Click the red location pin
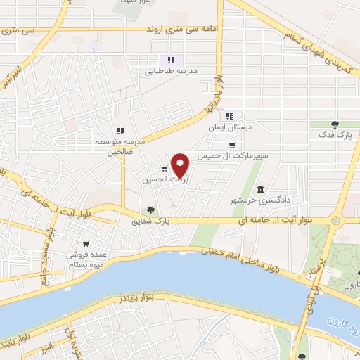pos(181,165)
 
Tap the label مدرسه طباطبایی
pos(171,71)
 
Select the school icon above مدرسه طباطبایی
pos(171,60)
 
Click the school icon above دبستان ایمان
pos(229,117)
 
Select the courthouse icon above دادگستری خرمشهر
pos(261,189)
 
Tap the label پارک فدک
pos(334,133)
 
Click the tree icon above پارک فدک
pos(334,124)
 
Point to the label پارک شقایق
pos(151,221)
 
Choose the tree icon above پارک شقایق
pos(150,210)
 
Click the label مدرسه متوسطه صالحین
pos(120,146)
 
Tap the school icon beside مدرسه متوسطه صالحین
pos(120,130)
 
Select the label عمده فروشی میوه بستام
pos(87,261)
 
